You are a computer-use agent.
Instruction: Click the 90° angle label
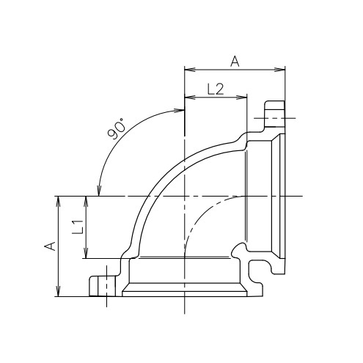pos(117,128)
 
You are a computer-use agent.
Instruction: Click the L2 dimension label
pos(216,89)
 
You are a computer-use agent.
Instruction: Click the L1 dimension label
pos(78,227)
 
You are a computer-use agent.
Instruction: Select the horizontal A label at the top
pos(235,61)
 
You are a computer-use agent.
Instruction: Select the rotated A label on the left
pos(50,246)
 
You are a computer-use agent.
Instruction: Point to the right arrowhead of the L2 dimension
pos(243,98)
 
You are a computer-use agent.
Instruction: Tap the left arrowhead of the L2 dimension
pos(189,98)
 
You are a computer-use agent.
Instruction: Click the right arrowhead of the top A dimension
pos(281,70)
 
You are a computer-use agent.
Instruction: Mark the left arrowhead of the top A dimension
pos(189,70)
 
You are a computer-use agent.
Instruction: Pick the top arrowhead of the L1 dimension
pos(86,201)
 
